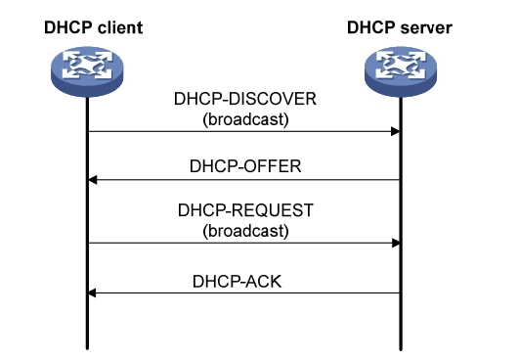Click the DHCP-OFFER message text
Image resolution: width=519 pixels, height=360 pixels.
tap(244, 166)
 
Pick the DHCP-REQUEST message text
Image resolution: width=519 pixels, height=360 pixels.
tap(244, 211)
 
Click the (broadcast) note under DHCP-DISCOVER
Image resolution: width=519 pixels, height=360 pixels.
tap(244, 120)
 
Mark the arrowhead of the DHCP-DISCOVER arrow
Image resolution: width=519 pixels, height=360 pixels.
tap(396, 131)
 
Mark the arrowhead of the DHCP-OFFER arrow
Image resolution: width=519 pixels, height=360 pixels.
tap(93, 180)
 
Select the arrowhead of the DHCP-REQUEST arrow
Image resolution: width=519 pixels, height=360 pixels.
tap(396, 243)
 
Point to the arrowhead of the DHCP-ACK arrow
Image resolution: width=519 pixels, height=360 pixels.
tap(93, 292)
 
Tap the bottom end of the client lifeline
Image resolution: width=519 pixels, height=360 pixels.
tap(88, 347)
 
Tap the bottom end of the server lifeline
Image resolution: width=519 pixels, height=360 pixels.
tap(401, 347)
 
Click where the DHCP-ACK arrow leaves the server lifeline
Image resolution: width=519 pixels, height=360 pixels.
tap(401, 292)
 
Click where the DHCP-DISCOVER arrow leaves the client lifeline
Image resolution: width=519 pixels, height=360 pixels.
tap(88, 131)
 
